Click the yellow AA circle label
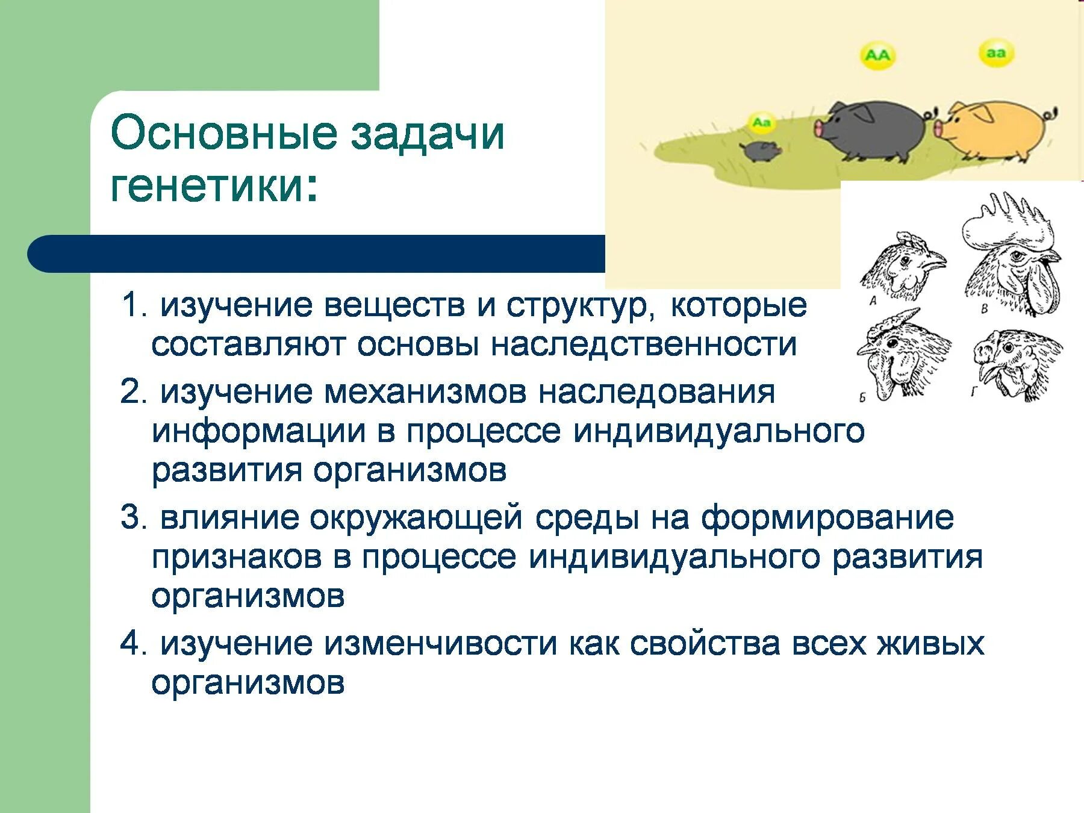(877, 55)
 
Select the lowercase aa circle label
(996, 53)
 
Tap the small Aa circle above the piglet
(762, 123)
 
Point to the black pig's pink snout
(820, 128)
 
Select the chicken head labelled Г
(1018, 361)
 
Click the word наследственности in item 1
(644, 345)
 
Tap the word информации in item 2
(259, 431)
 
